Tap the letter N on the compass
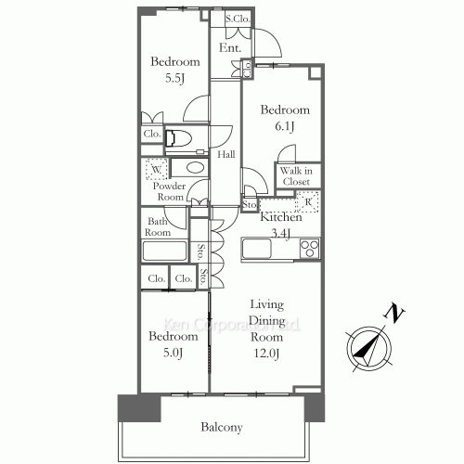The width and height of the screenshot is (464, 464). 395,315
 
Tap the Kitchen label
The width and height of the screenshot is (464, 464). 280,217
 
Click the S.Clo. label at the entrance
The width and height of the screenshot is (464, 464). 238,19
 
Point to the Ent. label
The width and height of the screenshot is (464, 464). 230,47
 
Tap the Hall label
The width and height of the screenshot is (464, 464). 226,154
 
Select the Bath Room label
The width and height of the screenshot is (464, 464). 155,228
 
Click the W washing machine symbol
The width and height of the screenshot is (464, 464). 157,171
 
